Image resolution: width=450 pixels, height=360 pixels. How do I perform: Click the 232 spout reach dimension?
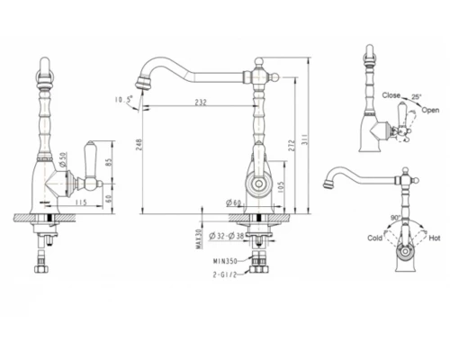coord(201,102)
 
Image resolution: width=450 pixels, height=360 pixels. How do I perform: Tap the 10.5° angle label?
coord(123,99)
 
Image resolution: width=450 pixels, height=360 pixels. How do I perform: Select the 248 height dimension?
coord(138,145)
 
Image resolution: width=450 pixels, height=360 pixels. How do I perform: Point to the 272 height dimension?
coord(292,145)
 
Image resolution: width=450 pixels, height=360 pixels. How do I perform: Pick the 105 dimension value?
coord(281,187)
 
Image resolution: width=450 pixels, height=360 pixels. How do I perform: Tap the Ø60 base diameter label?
coord(234,203)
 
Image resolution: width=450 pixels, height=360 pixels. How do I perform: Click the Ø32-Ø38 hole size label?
coord(227,236)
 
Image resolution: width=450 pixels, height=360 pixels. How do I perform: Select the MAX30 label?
coord(198,238)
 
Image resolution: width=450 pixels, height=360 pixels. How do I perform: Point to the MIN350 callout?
coord(225,261)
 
